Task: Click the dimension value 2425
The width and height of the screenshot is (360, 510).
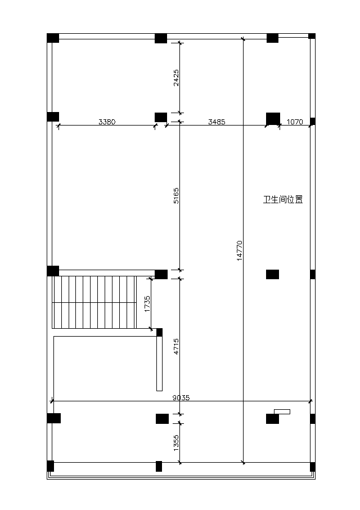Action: click(x=175, y=78)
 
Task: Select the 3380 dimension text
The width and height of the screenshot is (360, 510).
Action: click(x=107, y=122)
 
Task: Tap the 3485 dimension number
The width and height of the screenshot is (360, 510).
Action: click(x=217, y=122)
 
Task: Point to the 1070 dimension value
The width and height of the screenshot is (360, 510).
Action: click(x=295, y=122)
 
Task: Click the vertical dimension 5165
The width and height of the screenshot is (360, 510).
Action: click(x=175, y=195)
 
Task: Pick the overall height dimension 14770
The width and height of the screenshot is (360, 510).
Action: click(x=240, y=250)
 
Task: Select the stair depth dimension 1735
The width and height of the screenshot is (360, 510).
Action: click(x=147, y=304)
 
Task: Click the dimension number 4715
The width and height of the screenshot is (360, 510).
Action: click(x=175, y=346)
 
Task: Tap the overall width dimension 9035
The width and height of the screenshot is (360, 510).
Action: click(x=181, y=397)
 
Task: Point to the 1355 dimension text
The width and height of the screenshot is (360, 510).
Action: click(x=175, y=442)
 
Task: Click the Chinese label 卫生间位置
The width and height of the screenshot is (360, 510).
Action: click(x=283, y=199)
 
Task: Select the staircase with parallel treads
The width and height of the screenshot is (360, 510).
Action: click(x=94, y=302)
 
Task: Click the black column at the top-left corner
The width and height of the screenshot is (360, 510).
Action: click(x=53, y=38)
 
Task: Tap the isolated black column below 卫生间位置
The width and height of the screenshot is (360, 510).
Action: click(x=272, y=274)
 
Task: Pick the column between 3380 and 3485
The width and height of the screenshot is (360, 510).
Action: click(x=161, y=118)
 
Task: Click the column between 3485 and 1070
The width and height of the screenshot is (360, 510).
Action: click(x=273, y=119)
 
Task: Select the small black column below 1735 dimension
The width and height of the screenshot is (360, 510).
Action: click(x=159, y=333)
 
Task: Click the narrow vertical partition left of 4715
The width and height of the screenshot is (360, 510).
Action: click(x=159, y=364)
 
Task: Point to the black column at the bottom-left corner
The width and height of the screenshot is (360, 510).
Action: click(x=51, y=466)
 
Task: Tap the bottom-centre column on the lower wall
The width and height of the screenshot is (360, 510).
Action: click(x=159, y=466)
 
